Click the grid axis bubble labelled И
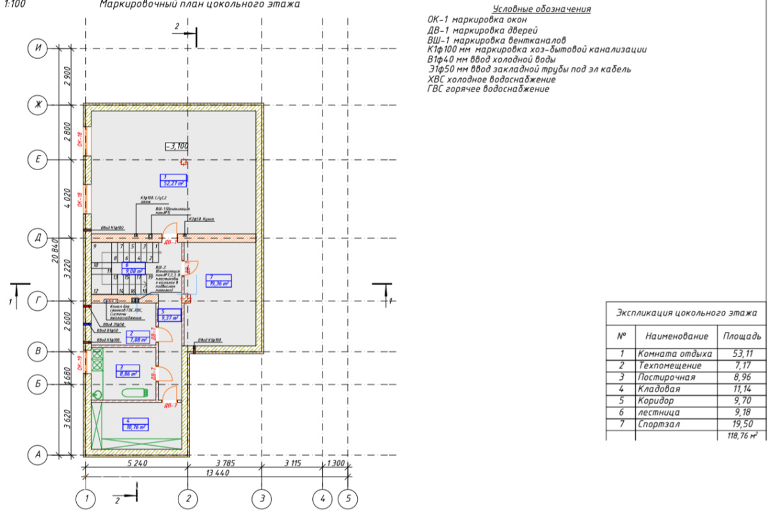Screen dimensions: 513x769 tap(38, 49)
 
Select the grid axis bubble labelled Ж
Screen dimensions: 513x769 tap(38, 105)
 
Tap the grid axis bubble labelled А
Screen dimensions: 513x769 tap(38, 455)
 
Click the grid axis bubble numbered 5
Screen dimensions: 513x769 tap(348, 498)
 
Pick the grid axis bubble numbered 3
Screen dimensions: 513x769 tap(262, 498)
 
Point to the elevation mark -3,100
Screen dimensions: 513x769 tap(177, 146)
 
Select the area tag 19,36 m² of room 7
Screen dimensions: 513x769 tap(218, 281)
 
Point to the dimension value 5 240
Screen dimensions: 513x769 tap(136, 462)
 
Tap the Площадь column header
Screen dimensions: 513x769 tap(741, 336)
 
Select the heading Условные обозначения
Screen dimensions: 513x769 tap(541, 9)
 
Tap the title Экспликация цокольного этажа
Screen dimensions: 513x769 tap(686, 314)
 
